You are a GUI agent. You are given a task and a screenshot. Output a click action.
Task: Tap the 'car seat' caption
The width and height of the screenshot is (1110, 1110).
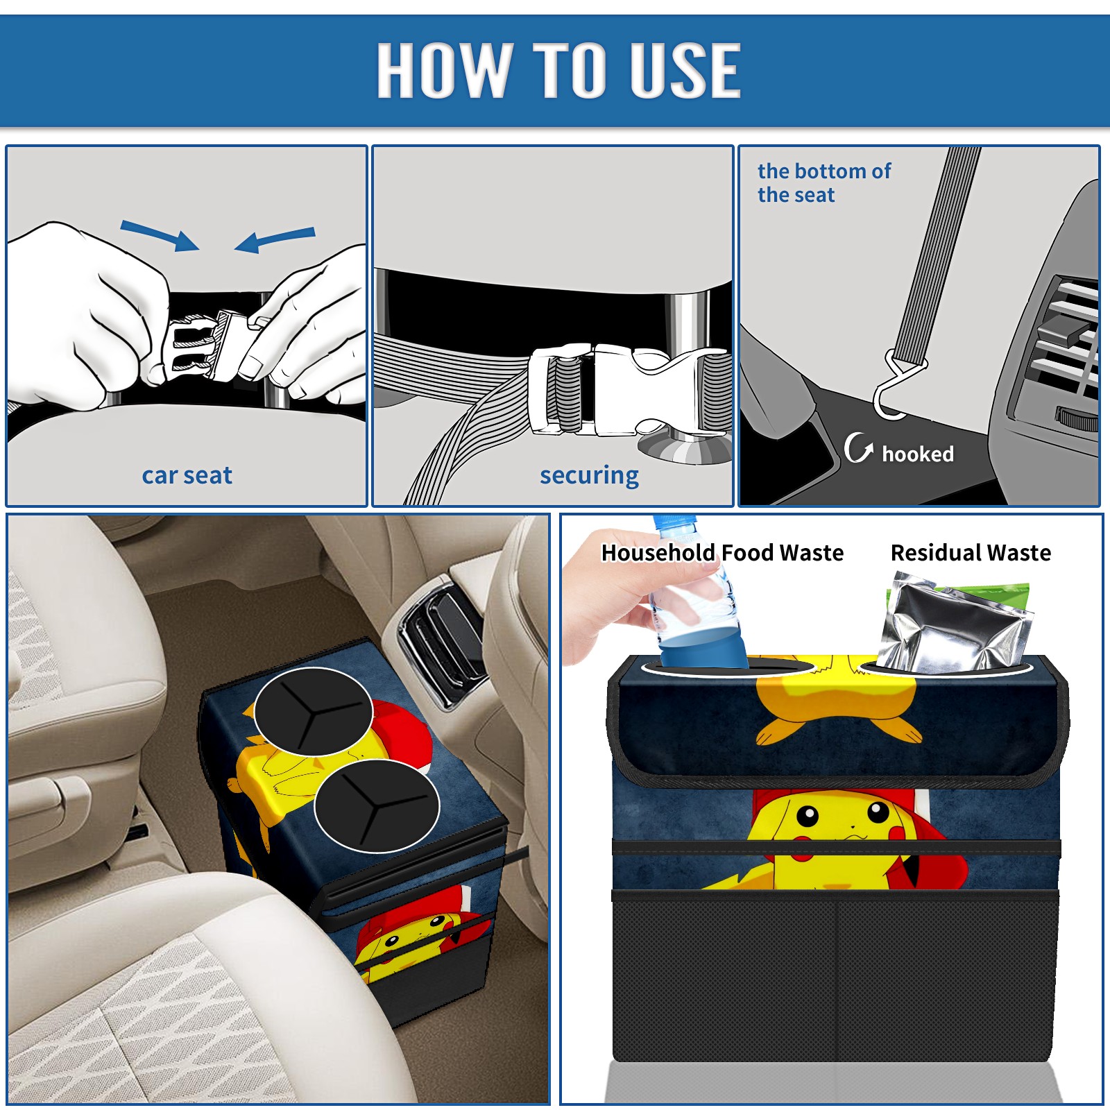tap(187, 475)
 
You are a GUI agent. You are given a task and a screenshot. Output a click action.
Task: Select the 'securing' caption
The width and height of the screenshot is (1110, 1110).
tap(589, 476)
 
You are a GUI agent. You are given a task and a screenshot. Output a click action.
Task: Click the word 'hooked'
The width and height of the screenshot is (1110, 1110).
tap(918, 454)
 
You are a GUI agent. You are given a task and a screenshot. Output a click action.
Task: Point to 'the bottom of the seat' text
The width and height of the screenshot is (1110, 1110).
tap(824, 182)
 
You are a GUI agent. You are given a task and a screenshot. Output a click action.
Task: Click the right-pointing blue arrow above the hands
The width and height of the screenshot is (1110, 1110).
tap(160, 235)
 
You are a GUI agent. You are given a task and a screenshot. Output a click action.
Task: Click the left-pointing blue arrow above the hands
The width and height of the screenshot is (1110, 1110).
tap(275, 239)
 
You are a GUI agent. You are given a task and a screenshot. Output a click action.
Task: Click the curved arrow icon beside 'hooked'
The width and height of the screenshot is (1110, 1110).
tap(857, 447)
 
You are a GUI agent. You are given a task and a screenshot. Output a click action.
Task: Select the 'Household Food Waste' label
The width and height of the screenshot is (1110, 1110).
tap(722, 552)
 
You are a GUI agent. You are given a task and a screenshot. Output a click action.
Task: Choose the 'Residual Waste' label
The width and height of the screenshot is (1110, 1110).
tap(971, 552)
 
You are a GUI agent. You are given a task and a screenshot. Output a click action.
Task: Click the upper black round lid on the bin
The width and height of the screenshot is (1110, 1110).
tap(314, 712)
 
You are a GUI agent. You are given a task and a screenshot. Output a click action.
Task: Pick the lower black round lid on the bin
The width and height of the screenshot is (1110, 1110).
tap(377, 805)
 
